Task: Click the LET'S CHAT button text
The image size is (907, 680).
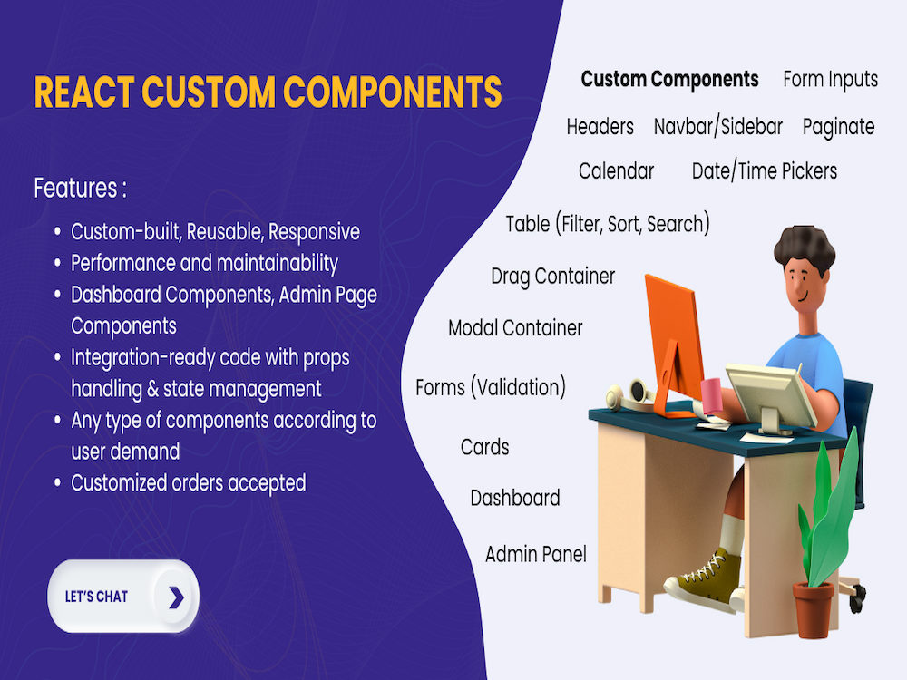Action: [96, 597]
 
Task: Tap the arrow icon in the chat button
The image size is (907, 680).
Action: [176, 597]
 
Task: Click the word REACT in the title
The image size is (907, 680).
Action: [83, 92]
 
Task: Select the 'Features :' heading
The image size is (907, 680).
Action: [80, 189]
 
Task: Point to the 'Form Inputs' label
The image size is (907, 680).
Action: [830, 79]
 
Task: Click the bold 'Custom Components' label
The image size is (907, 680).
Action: [669, 79]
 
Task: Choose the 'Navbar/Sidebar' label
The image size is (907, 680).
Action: [717, 127]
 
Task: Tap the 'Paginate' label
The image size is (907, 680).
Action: [838, 127]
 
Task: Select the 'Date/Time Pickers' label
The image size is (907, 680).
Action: [764, 170]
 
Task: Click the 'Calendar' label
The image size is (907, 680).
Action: [616, 170]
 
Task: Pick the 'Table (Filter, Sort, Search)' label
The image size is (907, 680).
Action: [608, 223]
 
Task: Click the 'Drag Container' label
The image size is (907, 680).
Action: [552, 276]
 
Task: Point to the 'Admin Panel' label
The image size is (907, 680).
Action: [535, 554]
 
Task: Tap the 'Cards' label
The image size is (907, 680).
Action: [484, 447]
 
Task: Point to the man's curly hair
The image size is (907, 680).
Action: [804, 247]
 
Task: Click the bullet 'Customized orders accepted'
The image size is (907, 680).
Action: [188, 482]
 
